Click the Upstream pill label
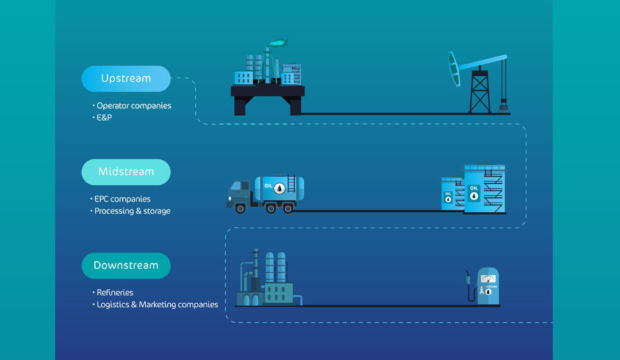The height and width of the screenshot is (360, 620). click(x=126, y=79)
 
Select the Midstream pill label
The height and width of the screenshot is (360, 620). click(x=126, y=172)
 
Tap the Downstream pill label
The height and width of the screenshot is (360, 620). click(x=126, y=265)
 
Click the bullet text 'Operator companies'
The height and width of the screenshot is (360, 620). click(x=134, y=106)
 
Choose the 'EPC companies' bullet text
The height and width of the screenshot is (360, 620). click(x=122, y=199)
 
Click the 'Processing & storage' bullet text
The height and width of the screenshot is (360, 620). click(x=133, y=211)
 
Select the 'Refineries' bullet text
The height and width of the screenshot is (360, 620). click(x=115, y=293)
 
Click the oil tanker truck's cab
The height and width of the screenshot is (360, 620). click(x=238, y=194)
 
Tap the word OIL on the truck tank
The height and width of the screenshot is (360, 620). click(x=269, y=185)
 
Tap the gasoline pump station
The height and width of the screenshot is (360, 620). click(x=487, y=285)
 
